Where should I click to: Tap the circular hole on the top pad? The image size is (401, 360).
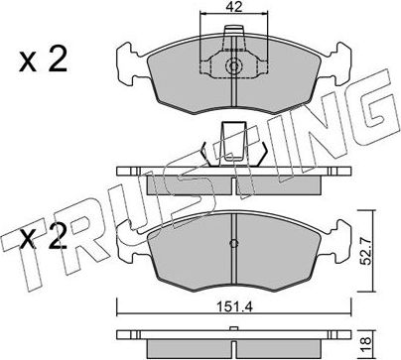pos(232,68)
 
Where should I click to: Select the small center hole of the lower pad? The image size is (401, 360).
pos(232,245)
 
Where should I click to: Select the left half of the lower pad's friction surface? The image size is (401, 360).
pos(189,253)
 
